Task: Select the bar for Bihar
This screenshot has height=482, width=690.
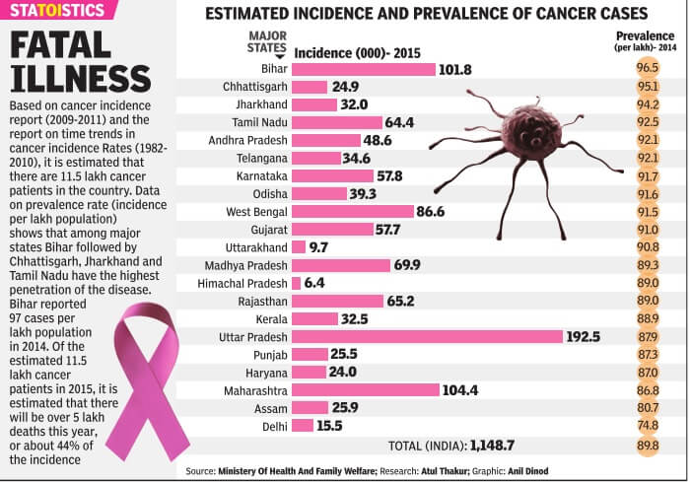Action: tap(364, 69)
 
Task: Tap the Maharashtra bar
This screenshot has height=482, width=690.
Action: tap(365, 389)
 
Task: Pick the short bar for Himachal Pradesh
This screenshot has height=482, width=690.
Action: tap(296, 283)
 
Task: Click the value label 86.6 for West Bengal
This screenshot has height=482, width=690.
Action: tap(431, 211)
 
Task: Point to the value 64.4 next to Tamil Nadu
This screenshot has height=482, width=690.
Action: tap(398, 122)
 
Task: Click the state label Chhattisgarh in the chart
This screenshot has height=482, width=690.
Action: tap(254, 87)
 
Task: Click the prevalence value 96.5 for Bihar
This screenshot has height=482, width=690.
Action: tap(648, 69)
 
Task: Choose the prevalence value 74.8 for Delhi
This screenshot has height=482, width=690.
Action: tap(648, 425)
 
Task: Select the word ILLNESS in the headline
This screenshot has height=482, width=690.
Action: tap(80, 78)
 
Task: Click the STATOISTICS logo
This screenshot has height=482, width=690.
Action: tap(61, 11)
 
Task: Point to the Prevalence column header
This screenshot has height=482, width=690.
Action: tap(647, 38)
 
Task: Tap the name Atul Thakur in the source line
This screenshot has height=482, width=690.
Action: tap(442, 471)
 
